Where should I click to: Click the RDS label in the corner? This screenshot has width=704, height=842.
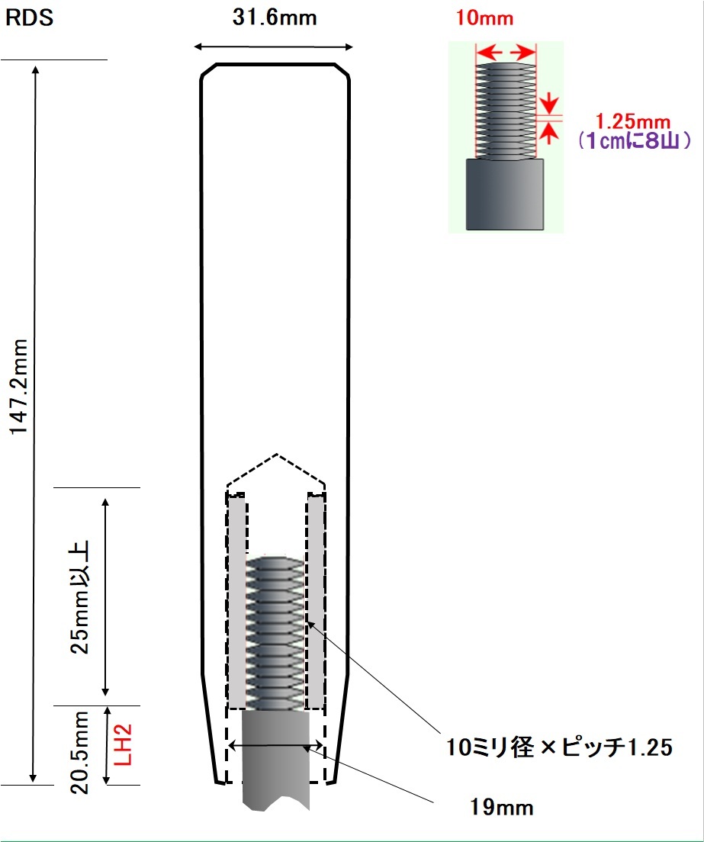coord(29,18)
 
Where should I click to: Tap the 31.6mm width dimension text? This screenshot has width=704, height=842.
coord(275,18)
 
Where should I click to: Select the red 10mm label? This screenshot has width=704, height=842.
coord(484,18)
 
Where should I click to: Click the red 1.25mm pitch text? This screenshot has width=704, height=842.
coord(632,121)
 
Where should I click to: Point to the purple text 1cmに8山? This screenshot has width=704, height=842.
coord(634,140)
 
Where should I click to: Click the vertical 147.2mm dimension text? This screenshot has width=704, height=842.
coord(19,386)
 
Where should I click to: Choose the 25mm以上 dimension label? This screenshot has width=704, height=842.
coord(80,596)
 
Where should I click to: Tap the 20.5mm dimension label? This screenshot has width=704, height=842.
coord(80,752)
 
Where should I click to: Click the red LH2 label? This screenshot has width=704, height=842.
coord(123,744)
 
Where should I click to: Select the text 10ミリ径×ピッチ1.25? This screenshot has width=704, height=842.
coord(559,747)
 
